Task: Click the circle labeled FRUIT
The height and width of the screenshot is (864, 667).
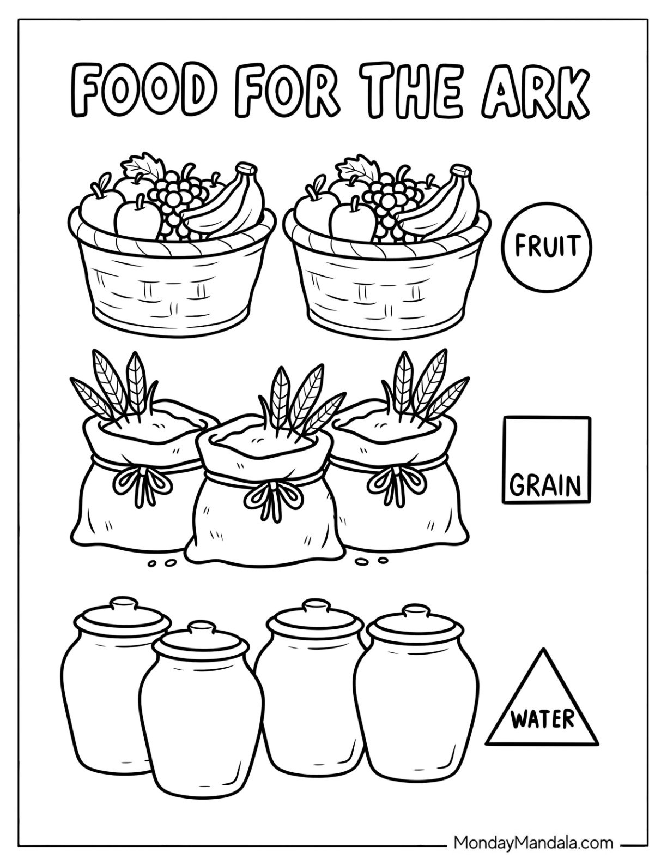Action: [x=547, y=245]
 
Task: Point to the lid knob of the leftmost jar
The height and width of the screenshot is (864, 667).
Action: [x=125, y=604]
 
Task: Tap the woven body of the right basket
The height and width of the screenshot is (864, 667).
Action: [x=381, y=284]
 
